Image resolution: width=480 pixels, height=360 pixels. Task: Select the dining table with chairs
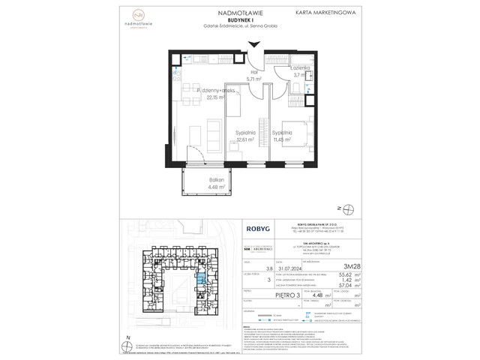[x=185, y=85]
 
